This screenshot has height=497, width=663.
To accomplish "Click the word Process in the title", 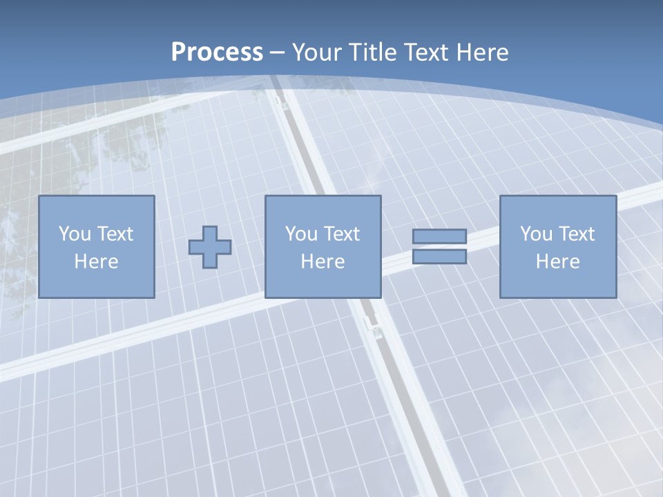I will (x=217, y=52).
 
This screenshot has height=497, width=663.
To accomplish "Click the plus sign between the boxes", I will (x=210, y=247).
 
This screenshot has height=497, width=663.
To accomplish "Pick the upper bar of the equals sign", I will (x=439, y=237).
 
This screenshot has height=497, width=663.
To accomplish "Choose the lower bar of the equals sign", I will (x=439, y=256).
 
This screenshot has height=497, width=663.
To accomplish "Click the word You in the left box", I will (x=75, y=234).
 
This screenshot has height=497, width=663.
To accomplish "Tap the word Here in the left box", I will (x=96, y=262).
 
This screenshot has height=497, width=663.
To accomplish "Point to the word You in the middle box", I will (x=301, y=234).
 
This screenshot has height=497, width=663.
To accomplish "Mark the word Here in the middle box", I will (x=323, y=262).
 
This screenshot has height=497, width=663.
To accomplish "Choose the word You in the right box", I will (x=536, y=234).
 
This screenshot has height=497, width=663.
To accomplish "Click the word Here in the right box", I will (x=557, y=262).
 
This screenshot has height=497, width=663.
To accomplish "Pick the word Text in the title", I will (x=427, y=52).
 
